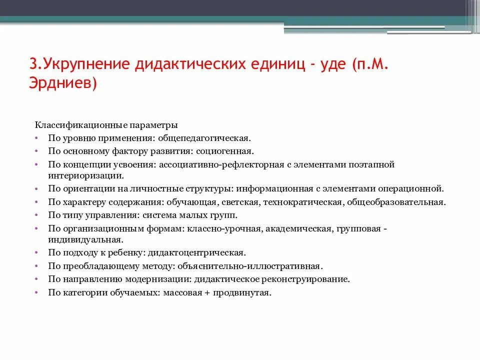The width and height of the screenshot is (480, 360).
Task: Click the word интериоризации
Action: [84, 175]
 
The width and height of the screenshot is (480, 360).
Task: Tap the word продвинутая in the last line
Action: [241, 293]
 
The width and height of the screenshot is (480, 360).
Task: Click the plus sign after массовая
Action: [206, 293]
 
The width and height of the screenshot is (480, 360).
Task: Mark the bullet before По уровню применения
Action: [38, 137]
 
